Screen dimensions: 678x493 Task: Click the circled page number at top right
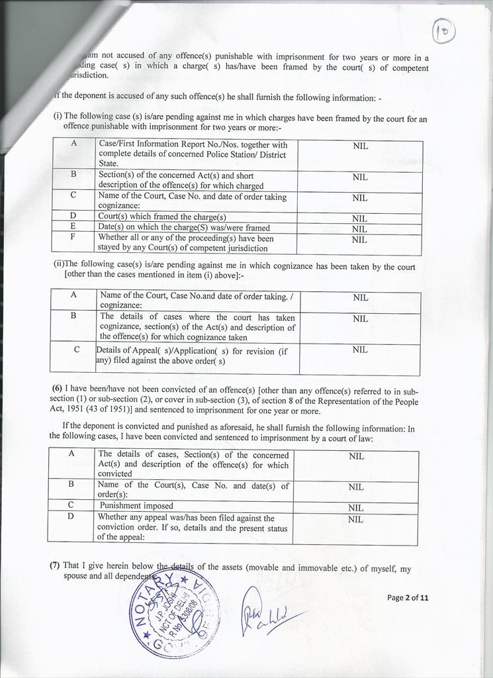444,30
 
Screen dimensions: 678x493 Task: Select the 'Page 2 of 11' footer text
408,597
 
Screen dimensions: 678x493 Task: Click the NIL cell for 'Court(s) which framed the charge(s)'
359,218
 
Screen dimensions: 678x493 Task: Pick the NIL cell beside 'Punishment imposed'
356,508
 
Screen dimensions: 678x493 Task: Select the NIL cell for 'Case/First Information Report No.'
360,146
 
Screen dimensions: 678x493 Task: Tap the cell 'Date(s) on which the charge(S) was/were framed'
184,227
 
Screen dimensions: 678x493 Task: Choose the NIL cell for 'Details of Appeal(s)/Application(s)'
360,349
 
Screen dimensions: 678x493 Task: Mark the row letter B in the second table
74,316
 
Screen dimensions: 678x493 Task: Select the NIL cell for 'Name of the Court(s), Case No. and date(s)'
356,487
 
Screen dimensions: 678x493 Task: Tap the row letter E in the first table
73,225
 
